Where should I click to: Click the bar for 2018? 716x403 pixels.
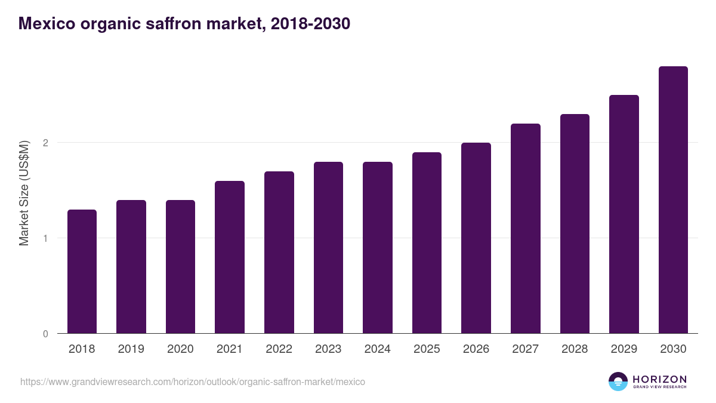[x=82, y=272]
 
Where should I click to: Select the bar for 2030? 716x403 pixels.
[x=673, y=200]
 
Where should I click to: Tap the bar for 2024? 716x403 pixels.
[x=378, y=248]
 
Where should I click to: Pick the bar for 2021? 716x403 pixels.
[x=230, y=257]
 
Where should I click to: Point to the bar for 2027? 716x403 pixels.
[x=526, y=229]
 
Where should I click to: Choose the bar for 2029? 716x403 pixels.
[x=624, y=214]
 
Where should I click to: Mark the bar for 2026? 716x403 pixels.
[x=476, y=238]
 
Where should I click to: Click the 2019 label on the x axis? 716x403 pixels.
[x=131, y=349]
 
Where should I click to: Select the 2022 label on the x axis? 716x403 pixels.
[x=279, y=349]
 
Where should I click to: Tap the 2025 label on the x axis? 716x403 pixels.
[x=427, y=349]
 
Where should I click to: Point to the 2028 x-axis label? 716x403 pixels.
[x=575, y=349]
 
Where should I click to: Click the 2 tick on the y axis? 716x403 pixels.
[x=45, y=143]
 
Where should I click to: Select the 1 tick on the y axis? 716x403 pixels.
[x=45, y=238]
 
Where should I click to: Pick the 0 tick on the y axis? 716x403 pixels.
[x=45, y=334]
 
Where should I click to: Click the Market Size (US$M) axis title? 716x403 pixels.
[x=24, y=193]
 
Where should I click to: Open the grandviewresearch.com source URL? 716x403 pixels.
[x=193, y=382]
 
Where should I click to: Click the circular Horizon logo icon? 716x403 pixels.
[x=618, y=382]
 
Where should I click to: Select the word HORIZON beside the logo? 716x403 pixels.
[x=660, y=379]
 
